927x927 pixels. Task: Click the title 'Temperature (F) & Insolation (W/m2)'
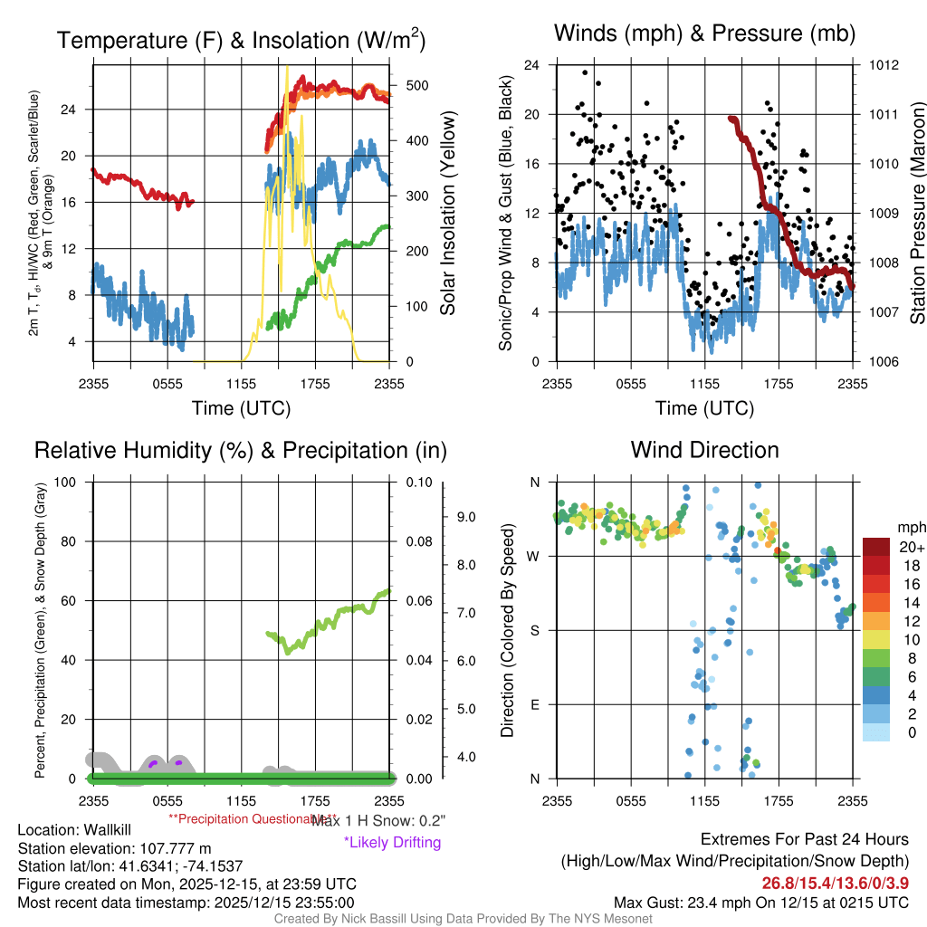[x=242, y=40]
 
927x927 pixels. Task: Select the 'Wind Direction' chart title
[x=704, y=450]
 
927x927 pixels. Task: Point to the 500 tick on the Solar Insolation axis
[x=416, y=85]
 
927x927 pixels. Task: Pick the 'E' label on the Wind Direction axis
[x=534, y=704]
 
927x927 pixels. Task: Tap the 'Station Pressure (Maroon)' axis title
[x=916, y=214]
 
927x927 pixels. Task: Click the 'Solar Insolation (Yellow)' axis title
[x=447, y=214]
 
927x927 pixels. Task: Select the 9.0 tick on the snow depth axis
[x=465, y=518]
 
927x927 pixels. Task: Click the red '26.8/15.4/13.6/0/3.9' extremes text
[x=835, y=883]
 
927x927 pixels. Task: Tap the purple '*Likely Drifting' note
[x=392, y=842]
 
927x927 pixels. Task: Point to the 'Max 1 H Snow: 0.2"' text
[x=378, y=820]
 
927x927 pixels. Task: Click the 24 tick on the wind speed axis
[x=531, y=65]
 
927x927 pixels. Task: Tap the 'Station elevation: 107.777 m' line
[x=114, y=848]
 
